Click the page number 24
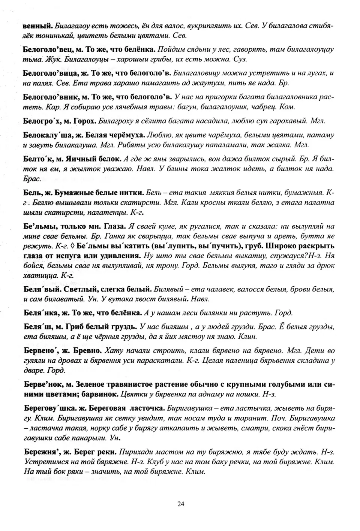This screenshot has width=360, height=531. [x=180, y=504]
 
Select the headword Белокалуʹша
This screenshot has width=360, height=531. [x=47, y=135]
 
